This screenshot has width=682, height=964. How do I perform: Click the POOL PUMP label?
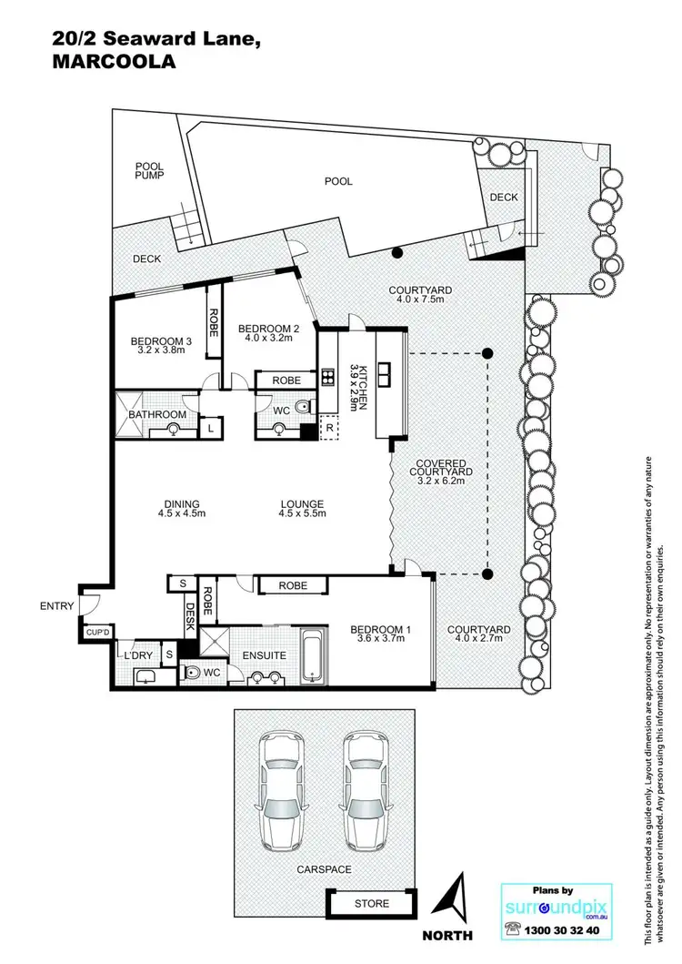coord(148,170)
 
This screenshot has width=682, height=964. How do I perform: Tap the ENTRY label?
coord(56,605)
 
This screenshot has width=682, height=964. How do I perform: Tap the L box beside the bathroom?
coord(211,427)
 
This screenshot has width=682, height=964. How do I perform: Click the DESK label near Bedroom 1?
coord(191,619)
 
